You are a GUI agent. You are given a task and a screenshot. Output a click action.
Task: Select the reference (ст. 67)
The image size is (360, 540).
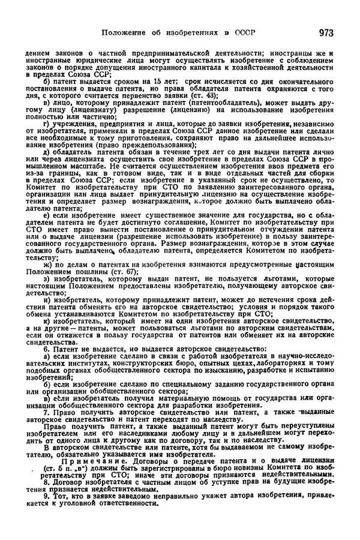(123, 272)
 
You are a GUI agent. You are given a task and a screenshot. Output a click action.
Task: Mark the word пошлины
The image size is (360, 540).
(89, 272)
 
